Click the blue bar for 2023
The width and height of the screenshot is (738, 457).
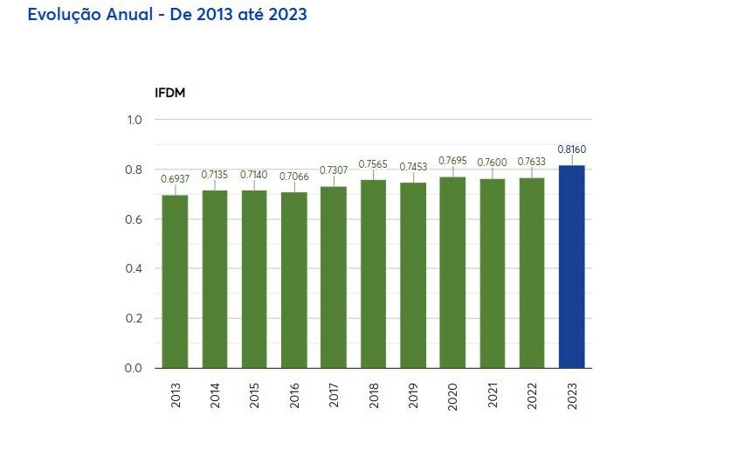(x=571, y=267)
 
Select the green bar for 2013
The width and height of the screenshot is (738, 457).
(x=175, y=281)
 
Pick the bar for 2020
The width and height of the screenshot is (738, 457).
(x=452, y=272)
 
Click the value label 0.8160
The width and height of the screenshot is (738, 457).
(x=571, y=149)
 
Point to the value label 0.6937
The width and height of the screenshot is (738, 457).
(x=175, y=179)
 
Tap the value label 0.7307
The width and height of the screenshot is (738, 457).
(x=334, y=170)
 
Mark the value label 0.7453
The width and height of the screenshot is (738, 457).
(x=413, y=167)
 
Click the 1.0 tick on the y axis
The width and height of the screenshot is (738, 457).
(x=134, y=120)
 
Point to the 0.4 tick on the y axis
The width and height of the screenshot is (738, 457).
(x=134, y=268)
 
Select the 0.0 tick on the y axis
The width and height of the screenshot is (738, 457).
(x=134, y=368)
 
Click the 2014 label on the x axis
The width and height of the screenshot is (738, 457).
(x=215, y=396)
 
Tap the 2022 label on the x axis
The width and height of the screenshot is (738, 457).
(x=532, y=396)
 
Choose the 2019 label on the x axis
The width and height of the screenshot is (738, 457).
(x=413, y=396)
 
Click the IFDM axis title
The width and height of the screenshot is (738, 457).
(x=169, y=92)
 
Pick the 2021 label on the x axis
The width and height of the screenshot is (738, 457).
(x=493, y=396)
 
